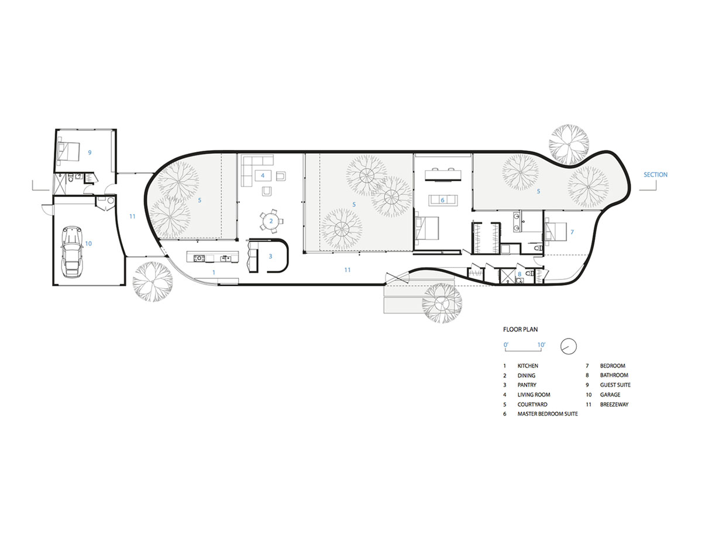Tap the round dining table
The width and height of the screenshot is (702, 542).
[271, 221]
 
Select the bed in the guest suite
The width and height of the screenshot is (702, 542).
[68, 151]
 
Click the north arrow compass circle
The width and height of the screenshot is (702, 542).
[568, 346]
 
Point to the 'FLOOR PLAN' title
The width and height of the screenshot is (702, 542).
[520, 329]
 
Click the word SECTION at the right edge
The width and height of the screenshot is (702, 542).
[655, 175]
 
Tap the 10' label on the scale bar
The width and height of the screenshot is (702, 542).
[541, 345]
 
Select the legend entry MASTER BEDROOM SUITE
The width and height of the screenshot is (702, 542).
[548, 413]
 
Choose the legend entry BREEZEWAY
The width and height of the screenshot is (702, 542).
[614, 404]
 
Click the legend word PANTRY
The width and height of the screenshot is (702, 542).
[527, 385]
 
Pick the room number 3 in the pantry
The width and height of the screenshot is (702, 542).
[270, 256]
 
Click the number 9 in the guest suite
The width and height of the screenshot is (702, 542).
[90, 153]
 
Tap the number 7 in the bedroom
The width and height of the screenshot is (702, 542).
[572, 232]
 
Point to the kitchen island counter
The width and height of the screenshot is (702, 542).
[212, 257]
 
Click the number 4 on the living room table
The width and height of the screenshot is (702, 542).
[263, 175]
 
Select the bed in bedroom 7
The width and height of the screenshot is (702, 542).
[556, 232]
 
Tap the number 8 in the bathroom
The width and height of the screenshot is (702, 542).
[519, 274]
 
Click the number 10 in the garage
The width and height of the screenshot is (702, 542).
[88, 243]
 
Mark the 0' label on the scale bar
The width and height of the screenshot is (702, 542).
[506, 345]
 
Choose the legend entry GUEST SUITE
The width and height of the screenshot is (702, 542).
[615, 385]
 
